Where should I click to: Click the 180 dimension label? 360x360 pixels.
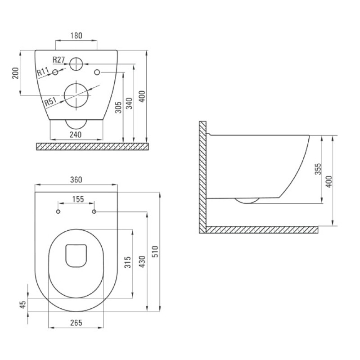(x=76, y=36)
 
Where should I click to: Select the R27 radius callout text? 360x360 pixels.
(x=59, y=60)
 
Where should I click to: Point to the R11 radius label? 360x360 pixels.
(x=43, y=72)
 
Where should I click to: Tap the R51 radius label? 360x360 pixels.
(x=50, y=102)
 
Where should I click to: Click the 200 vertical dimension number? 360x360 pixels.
(x=15, y=73)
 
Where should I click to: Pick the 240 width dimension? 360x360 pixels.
(x=76, y=135)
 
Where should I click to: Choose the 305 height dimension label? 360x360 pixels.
(x=118, y=108)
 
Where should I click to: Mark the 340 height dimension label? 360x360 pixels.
(x=129, y=103)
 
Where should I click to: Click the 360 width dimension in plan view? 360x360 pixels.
(x=76, y=180)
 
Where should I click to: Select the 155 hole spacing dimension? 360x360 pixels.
(x=78, y=199)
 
